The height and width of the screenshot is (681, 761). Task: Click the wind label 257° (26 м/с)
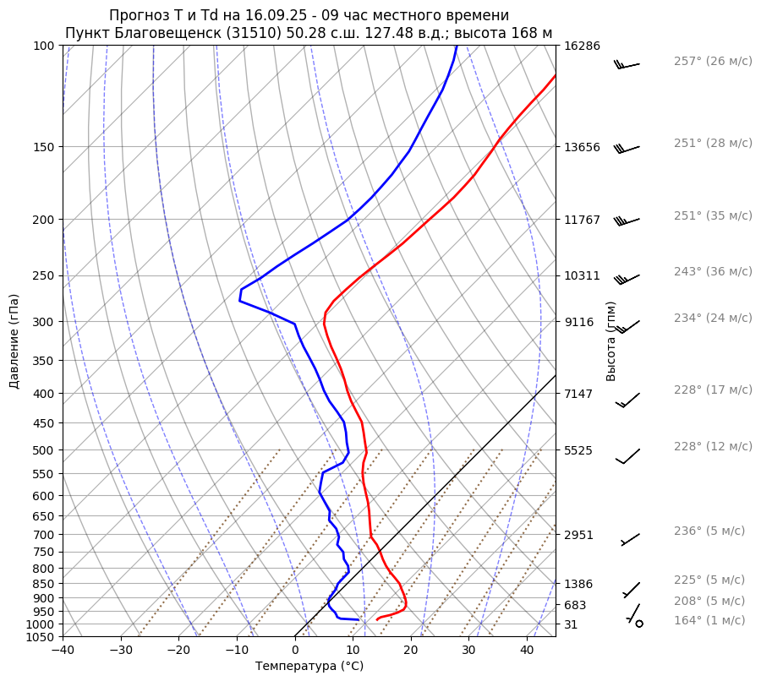(x=713, y=62)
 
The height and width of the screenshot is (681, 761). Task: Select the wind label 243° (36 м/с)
(x=713, y=272)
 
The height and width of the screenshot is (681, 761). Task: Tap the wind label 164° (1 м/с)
(x=709, y=621)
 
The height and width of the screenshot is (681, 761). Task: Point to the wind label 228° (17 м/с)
(x=713, y=390)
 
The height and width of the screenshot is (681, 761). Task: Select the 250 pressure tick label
(x=47, y=276)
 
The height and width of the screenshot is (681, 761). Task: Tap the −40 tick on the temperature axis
(x=63, y=651)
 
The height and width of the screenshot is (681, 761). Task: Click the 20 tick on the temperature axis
(x=411, y=651)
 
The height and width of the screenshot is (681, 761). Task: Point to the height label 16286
(x=582, y=46)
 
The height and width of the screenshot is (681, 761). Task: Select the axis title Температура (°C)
(x=309, y=667)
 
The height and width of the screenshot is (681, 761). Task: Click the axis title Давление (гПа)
(x=14, y=341)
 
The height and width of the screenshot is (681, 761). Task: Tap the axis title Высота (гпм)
(x=611, y=341)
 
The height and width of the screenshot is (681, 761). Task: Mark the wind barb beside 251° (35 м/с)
(x=627, y=221)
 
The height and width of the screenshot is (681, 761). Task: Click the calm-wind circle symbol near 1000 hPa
(x=639, y=624)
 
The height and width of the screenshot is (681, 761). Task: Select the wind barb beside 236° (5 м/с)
(x=631, y=539)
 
